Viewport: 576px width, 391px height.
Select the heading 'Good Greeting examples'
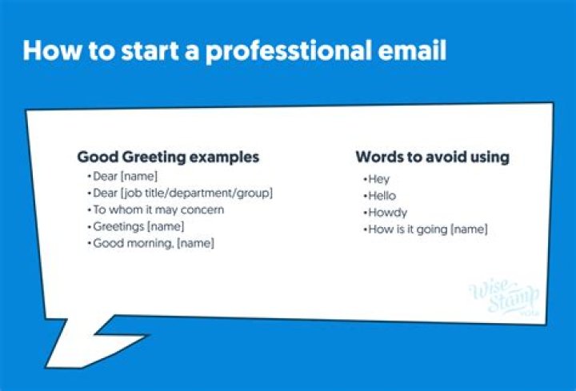(x=168, y=158)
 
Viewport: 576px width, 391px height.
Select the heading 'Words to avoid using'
(x=432, y=157)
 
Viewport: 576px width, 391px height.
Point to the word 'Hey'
(x=374, y=179)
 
